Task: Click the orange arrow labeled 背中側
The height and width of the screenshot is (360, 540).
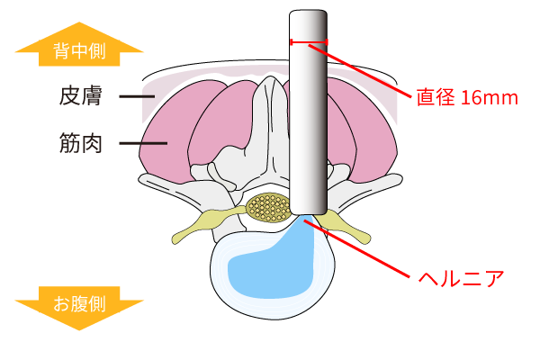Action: [x=79, y=48]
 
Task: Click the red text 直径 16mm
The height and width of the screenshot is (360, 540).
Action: [x=467, y=97]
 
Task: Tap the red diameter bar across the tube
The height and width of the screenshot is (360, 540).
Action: [x=309, y=41]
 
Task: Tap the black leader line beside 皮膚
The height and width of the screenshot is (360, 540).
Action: [x=136, y=95]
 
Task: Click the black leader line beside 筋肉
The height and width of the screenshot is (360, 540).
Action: [x=142, y=143]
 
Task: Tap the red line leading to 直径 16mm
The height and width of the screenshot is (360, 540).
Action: [x=369, y=67]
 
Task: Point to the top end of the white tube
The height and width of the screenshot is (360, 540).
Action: [x=308, y=15]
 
